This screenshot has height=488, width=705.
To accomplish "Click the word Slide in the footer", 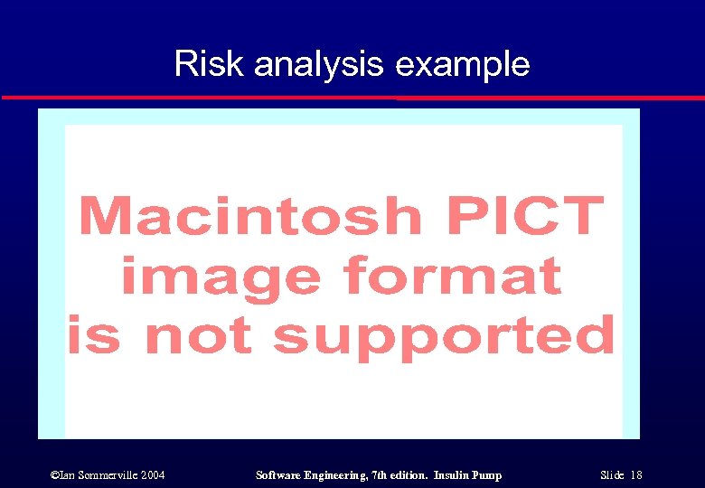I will coord(613,475).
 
